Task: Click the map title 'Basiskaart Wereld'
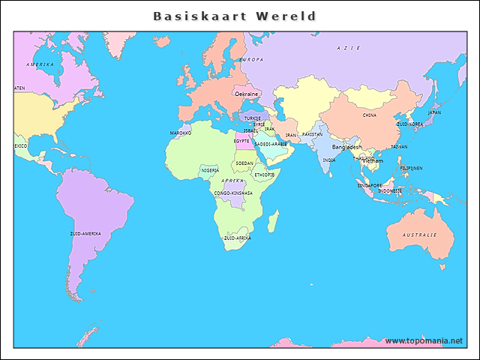[234, 16]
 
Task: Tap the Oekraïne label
[247, 94]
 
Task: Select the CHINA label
[370, 115]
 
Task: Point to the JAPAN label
[434, 112]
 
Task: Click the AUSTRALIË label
[419, 235]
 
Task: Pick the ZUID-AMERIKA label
[85, 233]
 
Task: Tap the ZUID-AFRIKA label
[237, 238]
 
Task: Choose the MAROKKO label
[181, 133]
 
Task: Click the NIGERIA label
[210, 170]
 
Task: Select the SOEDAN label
[244, 163]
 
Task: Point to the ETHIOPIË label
[264, 175]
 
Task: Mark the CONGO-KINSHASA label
[233, 193]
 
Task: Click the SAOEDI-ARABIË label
[271, 144]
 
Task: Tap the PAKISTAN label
[312, 134]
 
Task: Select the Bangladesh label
[346, 147]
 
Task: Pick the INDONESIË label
[390, 190]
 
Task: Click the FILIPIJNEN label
[411, 168]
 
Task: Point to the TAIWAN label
[399, 147]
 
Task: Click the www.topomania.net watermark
[424, 340]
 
